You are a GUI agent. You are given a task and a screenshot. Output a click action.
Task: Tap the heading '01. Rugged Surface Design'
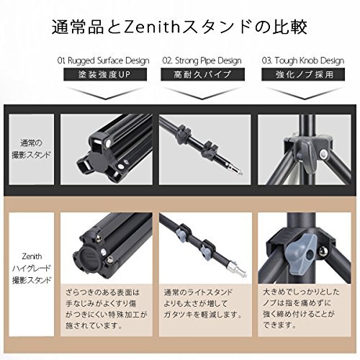pyautogui.click(x=104, y=60)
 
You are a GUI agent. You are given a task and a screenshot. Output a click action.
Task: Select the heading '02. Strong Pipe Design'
pyautogui.click(x=202, y=60)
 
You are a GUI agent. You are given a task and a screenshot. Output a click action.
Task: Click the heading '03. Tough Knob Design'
pyautogui.click(x=303, y=60)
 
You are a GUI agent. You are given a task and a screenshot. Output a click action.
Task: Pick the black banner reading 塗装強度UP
pyautogui.click(x=105, y=74)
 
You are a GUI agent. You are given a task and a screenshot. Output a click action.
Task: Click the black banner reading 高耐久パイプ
pyautogui.click(x=202, y=74)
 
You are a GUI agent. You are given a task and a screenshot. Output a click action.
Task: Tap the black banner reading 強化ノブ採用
pyautogui.click(x=303, y=74)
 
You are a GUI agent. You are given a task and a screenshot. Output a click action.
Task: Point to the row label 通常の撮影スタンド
pyautogui.click(x=32, y=149)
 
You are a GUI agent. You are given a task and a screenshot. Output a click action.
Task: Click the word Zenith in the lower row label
pyautogui.click(x=32, y=256)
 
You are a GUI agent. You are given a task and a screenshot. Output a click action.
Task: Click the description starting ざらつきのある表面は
pyautogui.click(x=106, y=309)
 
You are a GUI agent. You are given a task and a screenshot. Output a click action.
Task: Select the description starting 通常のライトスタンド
pyautogui.click(x=203, y=303)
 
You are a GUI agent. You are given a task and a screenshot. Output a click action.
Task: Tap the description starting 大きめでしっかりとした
pyautogui.click(x=302, y=309)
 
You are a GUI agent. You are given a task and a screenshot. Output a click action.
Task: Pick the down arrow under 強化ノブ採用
pyautogui.click(x=303, y=94)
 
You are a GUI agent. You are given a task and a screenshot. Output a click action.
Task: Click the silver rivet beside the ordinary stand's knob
pyautogui.click(x=325, y=153)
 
